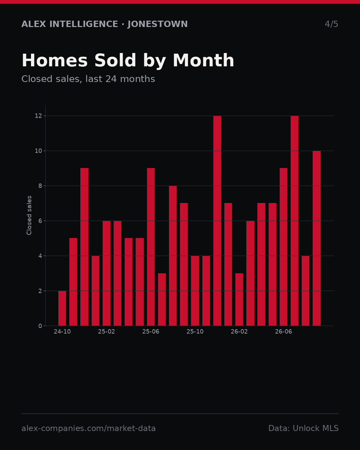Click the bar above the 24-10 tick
62,308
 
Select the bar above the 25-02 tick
106,273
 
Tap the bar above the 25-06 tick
151,247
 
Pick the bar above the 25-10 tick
195,291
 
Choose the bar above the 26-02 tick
239,299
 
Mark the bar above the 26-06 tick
283,247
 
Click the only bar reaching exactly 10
317,238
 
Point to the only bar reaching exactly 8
173,256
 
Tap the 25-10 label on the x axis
195,332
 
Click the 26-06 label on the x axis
283,332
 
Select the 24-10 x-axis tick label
62,332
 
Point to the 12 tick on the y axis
38,116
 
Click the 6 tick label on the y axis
40,221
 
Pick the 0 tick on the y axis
40,326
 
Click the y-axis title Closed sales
29,215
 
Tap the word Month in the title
203,60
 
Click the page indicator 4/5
331,24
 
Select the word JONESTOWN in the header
158,24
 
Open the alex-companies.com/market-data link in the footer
88,428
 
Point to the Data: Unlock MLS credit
304,428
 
